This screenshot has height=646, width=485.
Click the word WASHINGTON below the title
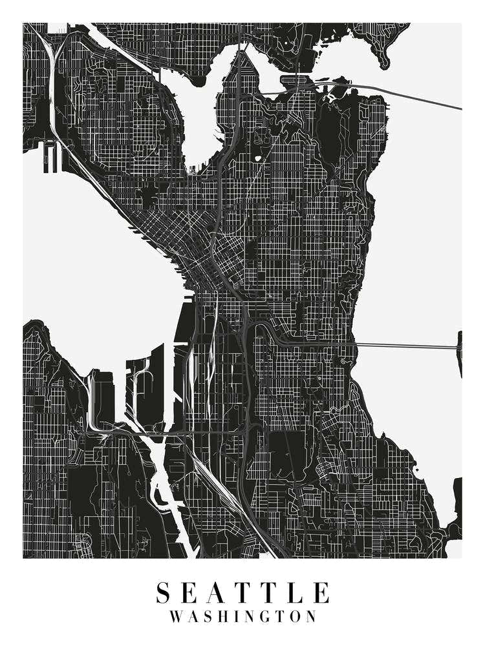pyautogui.click(x=242, y=616)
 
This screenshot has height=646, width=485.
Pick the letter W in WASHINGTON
pyautogui.click(x=177, y=616)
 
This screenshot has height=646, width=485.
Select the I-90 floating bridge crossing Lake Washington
pyautogui.click(x=407, y=346)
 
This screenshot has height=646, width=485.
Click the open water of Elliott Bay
pyautogui.click(x=97, y=258)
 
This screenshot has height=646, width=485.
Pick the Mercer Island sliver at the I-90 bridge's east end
pyautogui.click(x=460, y=352)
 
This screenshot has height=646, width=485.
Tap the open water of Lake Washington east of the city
pyautogui.click(x=420, y=226)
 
